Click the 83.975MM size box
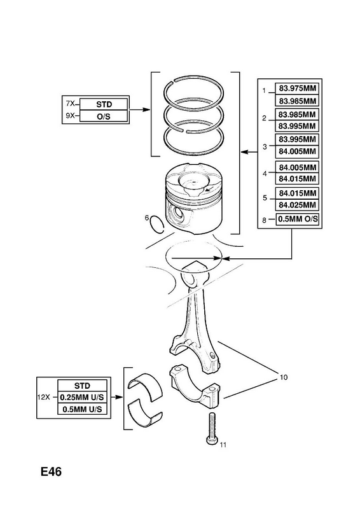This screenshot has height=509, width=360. click(297, 88)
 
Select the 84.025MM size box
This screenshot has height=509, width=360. click(297, 205)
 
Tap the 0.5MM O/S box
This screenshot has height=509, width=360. click(297, 219)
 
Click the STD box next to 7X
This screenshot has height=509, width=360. click(104, 104)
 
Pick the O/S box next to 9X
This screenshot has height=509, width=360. click(104, 116)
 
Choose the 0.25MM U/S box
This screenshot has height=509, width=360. click(82, 397)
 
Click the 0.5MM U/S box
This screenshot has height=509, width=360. click(82, 408)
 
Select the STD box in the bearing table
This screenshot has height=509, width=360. click(82, 386)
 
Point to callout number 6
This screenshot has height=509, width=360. click(147, 218)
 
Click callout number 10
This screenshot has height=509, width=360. click(284, 377)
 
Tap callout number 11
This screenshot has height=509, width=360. click(223, 445)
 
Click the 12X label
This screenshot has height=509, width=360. click(43, 396)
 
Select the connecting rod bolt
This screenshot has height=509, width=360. click(212, 428)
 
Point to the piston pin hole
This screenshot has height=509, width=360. click(178, 214)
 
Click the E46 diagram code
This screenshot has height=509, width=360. click(51, 471)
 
